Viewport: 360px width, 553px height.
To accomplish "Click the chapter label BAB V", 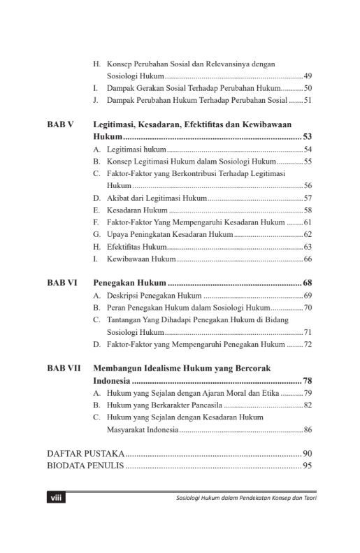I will coord(61,124).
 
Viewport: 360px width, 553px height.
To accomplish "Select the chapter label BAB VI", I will coord(62,283).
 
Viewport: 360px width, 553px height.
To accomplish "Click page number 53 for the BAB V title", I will coord(307,137).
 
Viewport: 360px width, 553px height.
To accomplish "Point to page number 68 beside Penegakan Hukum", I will coord(307,283).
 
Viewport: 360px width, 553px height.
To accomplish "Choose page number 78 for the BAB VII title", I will coord(307,381).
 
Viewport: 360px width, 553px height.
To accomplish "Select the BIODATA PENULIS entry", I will coord(85,466).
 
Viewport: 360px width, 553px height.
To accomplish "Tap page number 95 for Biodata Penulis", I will coord(307,466).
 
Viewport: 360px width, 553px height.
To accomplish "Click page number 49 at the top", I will coord(308,76).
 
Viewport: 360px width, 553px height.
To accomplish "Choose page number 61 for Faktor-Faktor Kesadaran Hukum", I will coord(308,222).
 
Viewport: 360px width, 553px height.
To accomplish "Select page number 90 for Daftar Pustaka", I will coord(307,454).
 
